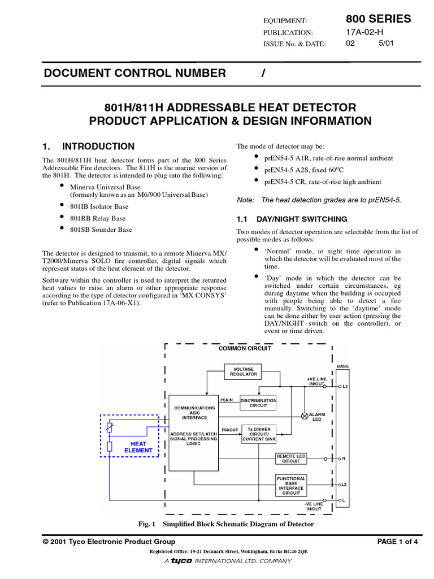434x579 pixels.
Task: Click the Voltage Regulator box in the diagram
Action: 243,371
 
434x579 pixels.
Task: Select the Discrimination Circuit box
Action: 258,403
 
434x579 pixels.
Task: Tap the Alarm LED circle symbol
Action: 304,416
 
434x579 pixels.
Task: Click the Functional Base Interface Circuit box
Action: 291,484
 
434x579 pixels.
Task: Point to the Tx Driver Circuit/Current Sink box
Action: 258,434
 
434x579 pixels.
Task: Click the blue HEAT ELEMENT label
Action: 138,447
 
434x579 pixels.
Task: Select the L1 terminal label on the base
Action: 345,387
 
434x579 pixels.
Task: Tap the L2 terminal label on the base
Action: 345,485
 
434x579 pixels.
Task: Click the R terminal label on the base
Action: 344,459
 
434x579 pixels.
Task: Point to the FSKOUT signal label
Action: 229,430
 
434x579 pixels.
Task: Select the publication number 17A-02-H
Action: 364,32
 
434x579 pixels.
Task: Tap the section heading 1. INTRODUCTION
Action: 89,146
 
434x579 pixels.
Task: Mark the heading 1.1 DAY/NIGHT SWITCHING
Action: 292,219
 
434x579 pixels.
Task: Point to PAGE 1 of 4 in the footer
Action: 397,542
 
